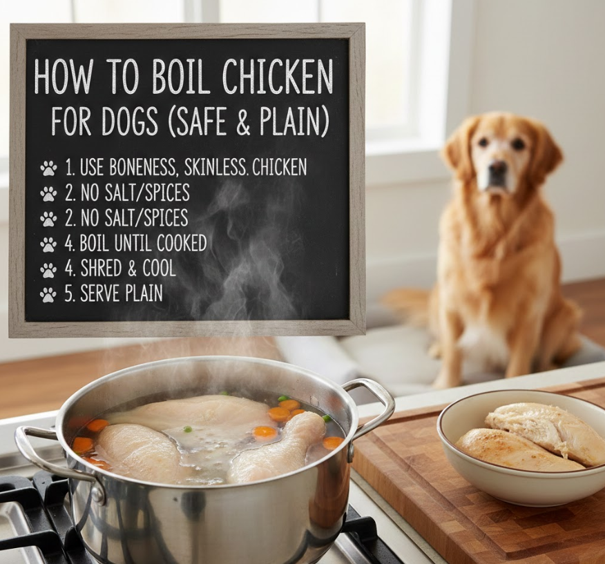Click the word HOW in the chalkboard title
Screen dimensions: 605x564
(x=64, y=77)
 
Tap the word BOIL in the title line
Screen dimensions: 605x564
(x=181, y=77)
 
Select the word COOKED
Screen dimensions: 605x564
(x=182, y=243)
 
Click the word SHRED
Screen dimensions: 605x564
(x=101, y=268)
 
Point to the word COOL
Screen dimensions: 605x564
(x=159, y=268)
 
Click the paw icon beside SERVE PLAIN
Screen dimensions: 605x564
(x=48, y=295)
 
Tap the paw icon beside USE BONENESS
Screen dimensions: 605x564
(x=48, y=168)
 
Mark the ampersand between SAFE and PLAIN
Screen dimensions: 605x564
(x=244, y=121)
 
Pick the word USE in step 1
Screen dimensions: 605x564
(x=93, y=167)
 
